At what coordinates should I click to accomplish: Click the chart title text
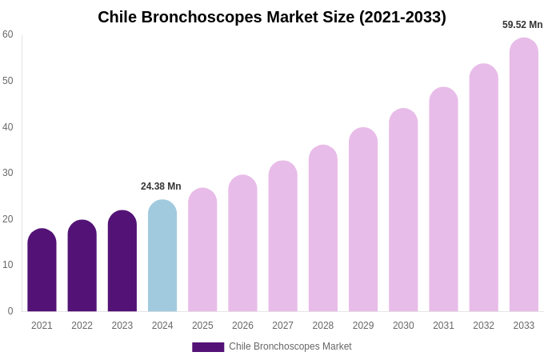pyautogui.click(x=272, y=17)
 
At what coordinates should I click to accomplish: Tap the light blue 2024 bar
pyautogui.click(x=162, y=256)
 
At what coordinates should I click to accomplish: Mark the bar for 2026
pyautogui.click(x=242, y=243)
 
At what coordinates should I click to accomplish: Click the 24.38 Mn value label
pyautogui.click(x=161, y=186)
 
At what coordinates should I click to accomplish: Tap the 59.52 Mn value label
pyautogui.click(x=522, y=25)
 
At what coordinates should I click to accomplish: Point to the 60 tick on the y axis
pyautogui.click(x=8, y=34)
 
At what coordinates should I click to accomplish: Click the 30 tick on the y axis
pyautogui.click(x=8, y=173)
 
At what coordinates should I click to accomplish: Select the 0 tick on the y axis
pyautogui.click(x=10, y=311)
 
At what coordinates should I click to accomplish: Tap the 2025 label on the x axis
pyautogui.click(x=202, y=326)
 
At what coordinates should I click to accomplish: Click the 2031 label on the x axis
pyautogui.click(x=443, y=326)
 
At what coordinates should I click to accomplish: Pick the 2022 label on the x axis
pyautogui.click(x=82, y=326)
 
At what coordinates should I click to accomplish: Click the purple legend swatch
pyautogui.click(x=208, y=347)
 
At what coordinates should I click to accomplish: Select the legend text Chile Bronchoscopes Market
pyautogui.click(x=290, y=346)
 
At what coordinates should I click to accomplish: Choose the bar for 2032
pyautogui.click(x=484, y=188)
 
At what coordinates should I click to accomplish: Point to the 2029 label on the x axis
pyautogui.click(x=363, y=326)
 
